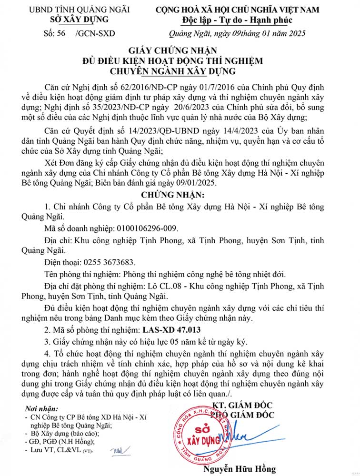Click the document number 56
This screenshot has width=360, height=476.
click(x=59, y=33)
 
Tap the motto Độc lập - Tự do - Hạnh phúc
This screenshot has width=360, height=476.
click(x=237, y=20)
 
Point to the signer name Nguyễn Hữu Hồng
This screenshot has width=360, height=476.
click(x=240, y=469)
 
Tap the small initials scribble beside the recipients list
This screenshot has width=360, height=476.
click(x=116, y=449)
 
